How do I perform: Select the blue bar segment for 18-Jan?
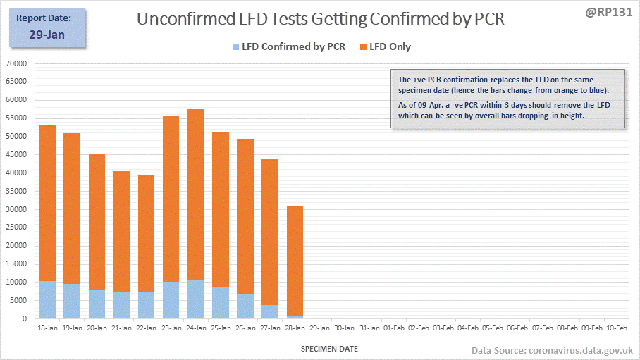47,299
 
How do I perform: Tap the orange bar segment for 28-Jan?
295,261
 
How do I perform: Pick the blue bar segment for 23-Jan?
171,300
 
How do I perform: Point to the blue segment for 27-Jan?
270,311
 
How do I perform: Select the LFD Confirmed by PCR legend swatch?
235,47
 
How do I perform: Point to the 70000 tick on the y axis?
16,63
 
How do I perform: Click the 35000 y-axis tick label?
16,191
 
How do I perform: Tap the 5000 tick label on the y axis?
18,301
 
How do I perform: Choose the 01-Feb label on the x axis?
394,328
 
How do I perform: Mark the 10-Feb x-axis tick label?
617,328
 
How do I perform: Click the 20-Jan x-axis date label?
97,328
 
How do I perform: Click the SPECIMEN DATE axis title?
330,349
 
